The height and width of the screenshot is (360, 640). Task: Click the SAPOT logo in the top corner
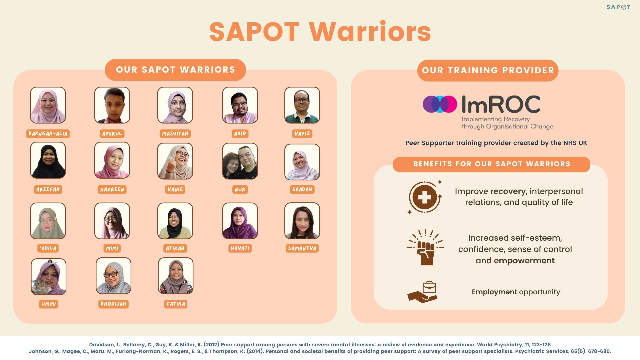coord(618,7)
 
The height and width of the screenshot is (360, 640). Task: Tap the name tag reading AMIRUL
coord(112,134)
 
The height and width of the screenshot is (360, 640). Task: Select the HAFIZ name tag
coord(302,134)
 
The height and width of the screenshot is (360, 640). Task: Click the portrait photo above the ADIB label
coord(240,105)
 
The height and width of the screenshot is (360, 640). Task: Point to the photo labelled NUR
coord(240,161)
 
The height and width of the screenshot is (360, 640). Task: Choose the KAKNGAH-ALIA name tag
coord(48,134)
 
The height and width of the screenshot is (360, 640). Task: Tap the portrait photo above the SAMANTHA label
coord(302,221)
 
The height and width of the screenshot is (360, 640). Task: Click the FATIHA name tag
coord(176,304)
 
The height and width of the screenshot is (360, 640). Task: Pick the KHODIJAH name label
coord(113,304)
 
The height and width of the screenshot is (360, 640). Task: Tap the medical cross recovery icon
coord(425,197)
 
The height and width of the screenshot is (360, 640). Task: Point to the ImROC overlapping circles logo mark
coord(440,104)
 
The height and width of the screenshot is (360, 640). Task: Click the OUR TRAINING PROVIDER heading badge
coord(488,70)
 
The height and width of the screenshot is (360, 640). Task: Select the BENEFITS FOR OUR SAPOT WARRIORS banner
coord(491,164)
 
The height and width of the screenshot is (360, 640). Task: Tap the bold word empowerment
coord(524,261)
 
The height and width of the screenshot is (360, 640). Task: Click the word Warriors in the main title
coord(370,32)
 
